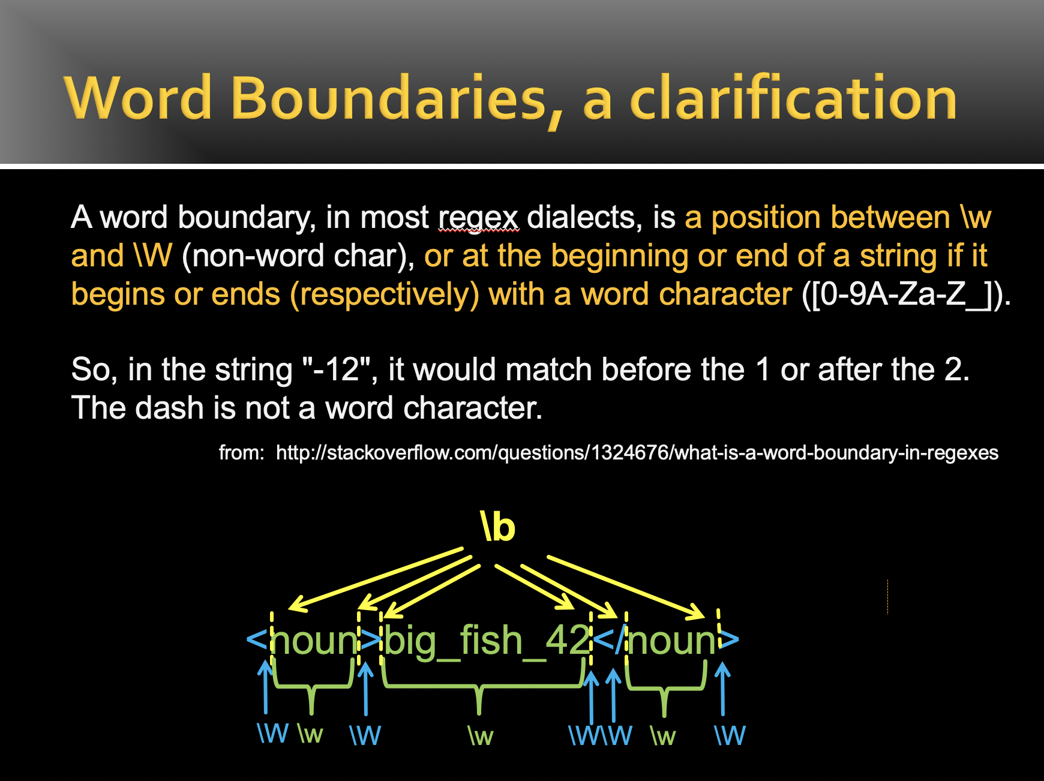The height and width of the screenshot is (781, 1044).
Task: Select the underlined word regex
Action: pos(478,218)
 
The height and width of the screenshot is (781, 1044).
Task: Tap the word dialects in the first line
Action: pos(581,217)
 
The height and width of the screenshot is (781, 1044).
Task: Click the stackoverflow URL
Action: pos(637,452)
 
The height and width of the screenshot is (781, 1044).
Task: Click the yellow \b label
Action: pos(498,527)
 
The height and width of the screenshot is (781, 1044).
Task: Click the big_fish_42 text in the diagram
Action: pos(487,641)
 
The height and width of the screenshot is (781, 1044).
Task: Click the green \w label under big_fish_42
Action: pos(481,735)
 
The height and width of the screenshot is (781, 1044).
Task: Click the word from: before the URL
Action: pos(241,452)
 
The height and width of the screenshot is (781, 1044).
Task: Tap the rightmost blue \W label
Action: pos(730,735)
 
